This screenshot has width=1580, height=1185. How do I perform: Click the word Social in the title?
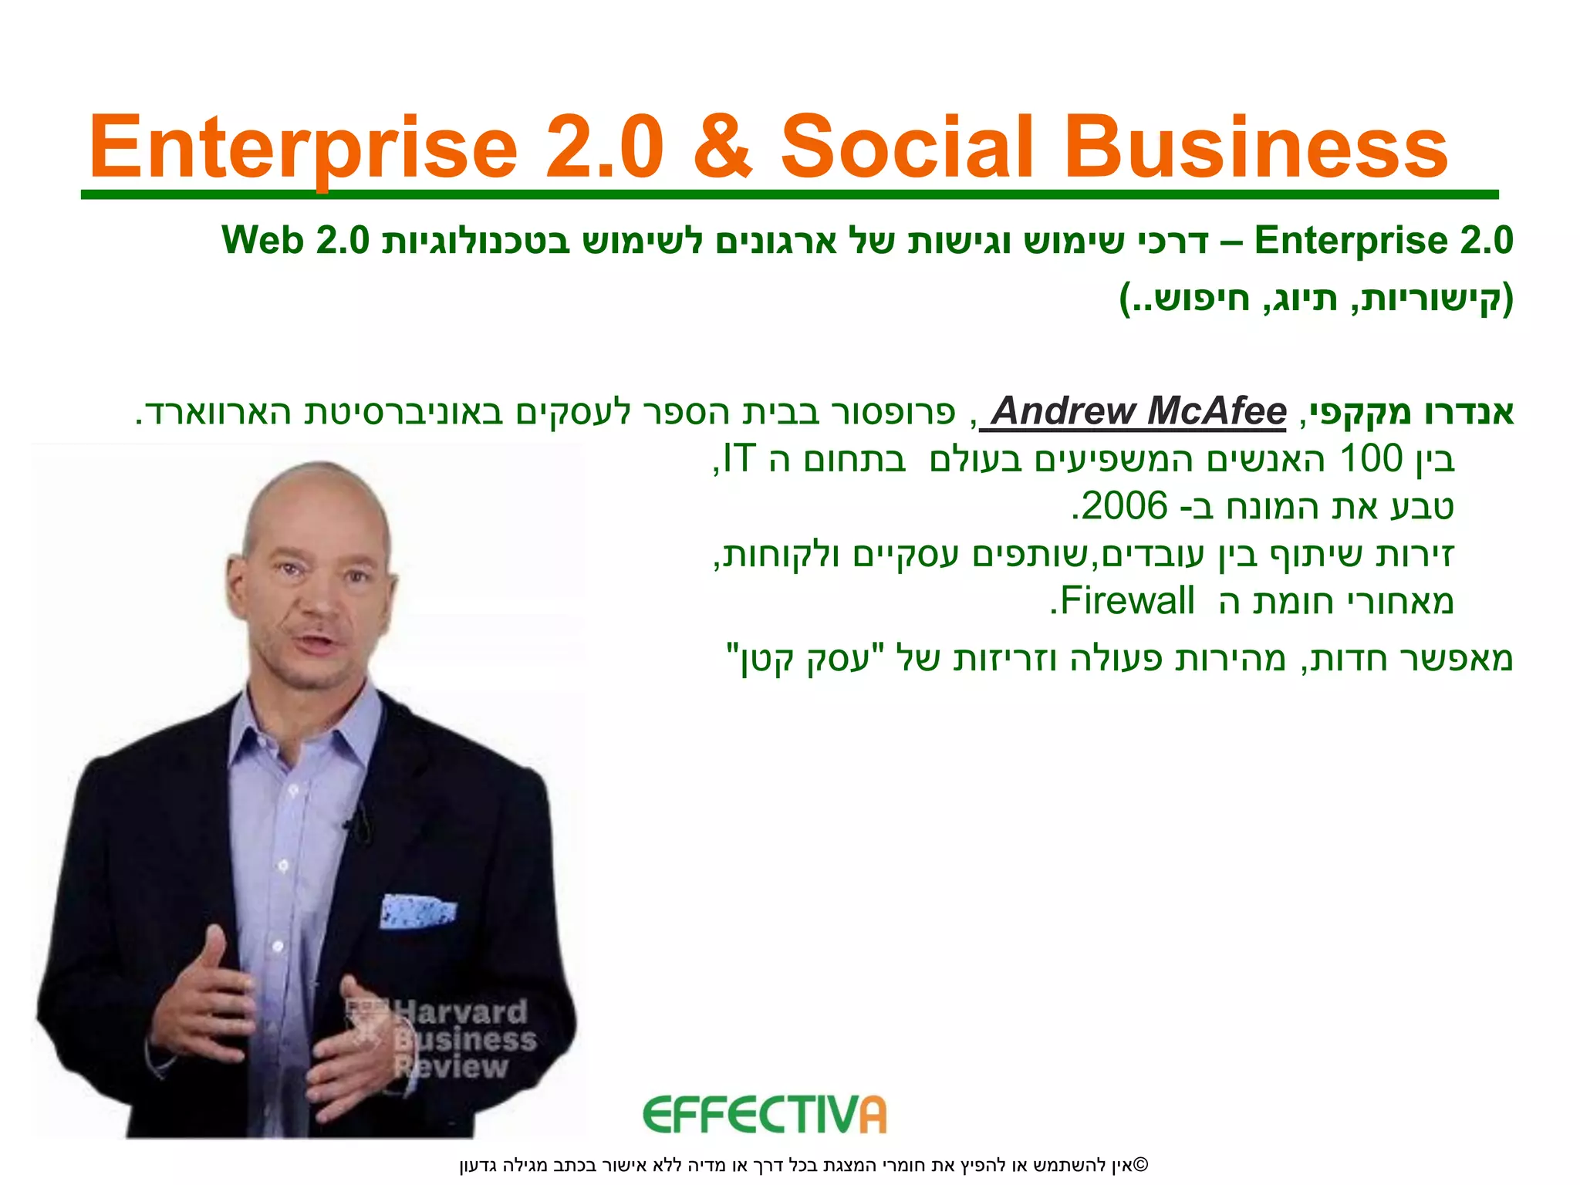907,147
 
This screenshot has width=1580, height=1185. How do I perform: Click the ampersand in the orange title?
722,147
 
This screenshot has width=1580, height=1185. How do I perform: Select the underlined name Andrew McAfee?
1139,411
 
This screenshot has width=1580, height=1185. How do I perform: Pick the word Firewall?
1127,601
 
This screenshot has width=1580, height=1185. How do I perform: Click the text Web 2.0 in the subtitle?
296,241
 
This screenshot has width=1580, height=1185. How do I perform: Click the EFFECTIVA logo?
764,1115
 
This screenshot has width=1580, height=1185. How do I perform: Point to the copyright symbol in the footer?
1142,1164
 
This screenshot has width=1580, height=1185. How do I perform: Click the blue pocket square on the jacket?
416,911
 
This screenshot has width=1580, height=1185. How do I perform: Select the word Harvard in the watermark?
461,1011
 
